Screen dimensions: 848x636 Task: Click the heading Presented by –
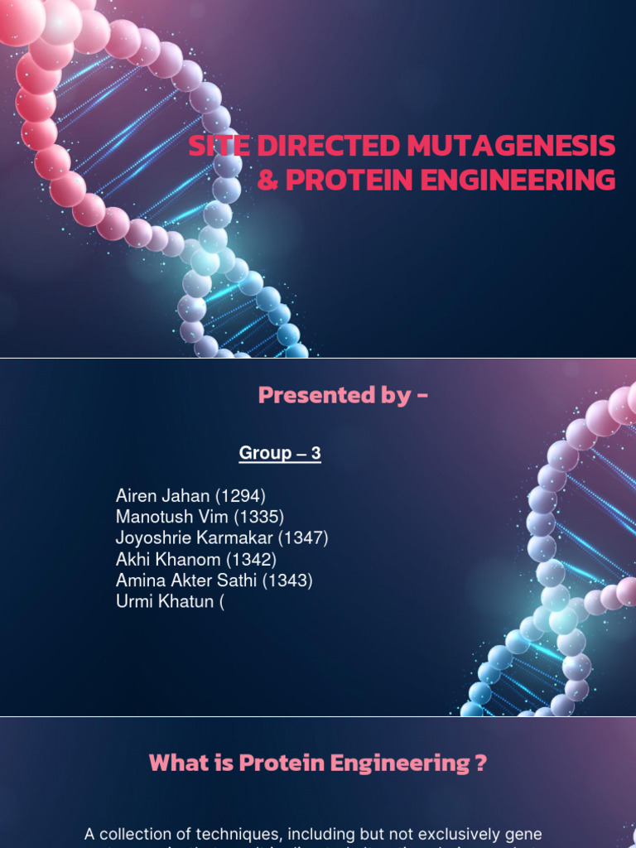343,396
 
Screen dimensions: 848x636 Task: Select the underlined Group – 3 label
280,453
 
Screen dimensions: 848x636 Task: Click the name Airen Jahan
163,496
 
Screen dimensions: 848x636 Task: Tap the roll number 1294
240,496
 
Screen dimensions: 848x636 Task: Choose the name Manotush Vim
172,517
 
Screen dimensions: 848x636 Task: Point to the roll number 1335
258,517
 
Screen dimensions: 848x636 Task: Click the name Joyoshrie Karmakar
195,538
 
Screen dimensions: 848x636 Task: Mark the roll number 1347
303,538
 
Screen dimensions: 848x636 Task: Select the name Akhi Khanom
169,560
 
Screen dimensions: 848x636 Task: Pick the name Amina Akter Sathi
187,581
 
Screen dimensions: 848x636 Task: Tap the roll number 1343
287,581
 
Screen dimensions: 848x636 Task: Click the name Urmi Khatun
165,602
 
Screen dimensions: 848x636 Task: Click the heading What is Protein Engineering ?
317,764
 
